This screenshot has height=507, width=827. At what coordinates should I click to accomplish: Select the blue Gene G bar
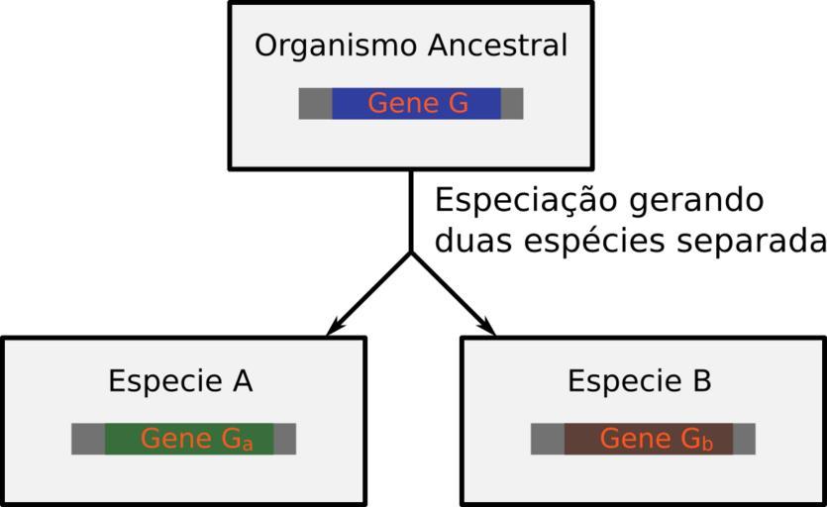416,104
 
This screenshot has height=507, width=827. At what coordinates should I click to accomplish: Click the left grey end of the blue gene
315,104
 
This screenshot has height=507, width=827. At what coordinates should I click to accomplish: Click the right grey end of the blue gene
512,104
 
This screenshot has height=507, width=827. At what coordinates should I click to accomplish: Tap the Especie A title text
180,381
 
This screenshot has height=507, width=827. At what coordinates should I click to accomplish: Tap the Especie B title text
640,381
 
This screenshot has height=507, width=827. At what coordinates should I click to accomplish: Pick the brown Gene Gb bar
649,439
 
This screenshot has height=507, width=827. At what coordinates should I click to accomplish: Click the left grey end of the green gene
88,439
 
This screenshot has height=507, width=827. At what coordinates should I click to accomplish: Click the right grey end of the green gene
284,439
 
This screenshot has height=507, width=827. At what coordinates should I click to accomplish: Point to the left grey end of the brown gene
548,439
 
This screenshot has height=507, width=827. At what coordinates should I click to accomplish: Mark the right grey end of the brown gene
744,439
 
